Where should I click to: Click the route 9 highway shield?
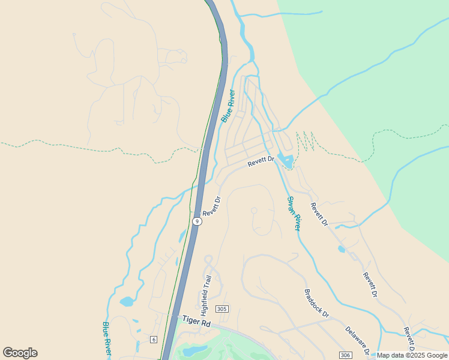(197, 221)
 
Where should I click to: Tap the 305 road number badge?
(222, 309)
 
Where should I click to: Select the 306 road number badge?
(345, 355)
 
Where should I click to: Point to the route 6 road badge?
(154, 340)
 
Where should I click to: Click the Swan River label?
(294, 214)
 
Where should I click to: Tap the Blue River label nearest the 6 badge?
(107, 337)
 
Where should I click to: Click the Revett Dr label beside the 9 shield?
(212, 206)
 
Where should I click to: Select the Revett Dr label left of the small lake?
(261, 161)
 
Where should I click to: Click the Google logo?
(20, 353)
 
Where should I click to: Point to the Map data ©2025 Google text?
(412, 355)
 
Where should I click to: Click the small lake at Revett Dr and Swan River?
(286, 161)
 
